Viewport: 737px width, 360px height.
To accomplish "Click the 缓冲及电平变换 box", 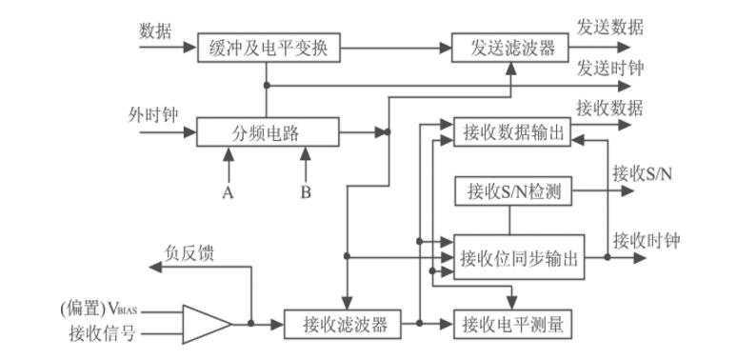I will tap(268, 48).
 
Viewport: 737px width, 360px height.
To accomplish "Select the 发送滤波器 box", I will tap(509, 48).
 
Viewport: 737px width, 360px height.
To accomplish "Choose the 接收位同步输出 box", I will tap(519, 257).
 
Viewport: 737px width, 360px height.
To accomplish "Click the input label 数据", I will tap(155, 30).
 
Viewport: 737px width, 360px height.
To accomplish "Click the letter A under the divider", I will tap(228, 191).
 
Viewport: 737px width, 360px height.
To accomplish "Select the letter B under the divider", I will tap(306, 191).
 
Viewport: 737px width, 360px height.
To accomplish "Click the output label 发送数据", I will tap(609, 27).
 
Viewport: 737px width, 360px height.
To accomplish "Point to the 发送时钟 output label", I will tap(609, 69).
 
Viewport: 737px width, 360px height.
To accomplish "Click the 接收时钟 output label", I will tap(646, 239).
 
